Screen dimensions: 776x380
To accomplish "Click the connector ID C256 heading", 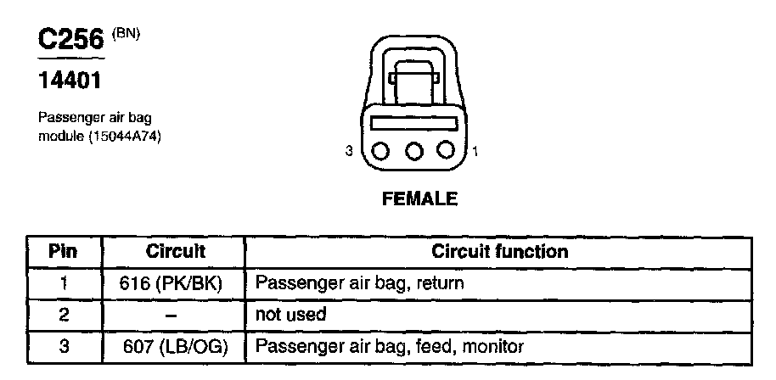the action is tap(69, 40).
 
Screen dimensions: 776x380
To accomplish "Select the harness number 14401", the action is tap(71, 82).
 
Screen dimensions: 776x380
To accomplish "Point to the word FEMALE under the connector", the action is tap(420, 199).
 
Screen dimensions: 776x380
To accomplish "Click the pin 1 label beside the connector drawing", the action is tap(475, 152).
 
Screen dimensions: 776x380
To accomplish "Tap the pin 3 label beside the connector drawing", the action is tap(349, 152).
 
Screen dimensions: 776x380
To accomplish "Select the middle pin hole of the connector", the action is tap(414, 151).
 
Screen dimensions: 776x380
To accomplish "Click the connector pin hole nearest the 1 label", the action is tap(447, 151).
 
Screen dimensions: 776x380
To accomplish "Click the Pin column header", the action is tap(63, 252).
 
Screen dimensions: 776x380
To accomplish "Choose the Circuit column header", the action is tap(176, 252).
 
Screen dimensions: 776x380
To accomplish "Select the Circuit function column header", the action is tap(500, 252).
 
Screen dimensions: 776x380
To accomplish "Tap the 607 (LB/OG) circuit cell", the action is tap(175, 346).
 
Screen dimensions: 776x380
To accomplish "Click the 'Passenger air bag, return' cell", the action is tap(359, 283).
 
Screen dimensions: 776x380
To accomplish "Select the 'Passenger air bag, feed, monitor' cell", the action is tap(390, 346).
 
